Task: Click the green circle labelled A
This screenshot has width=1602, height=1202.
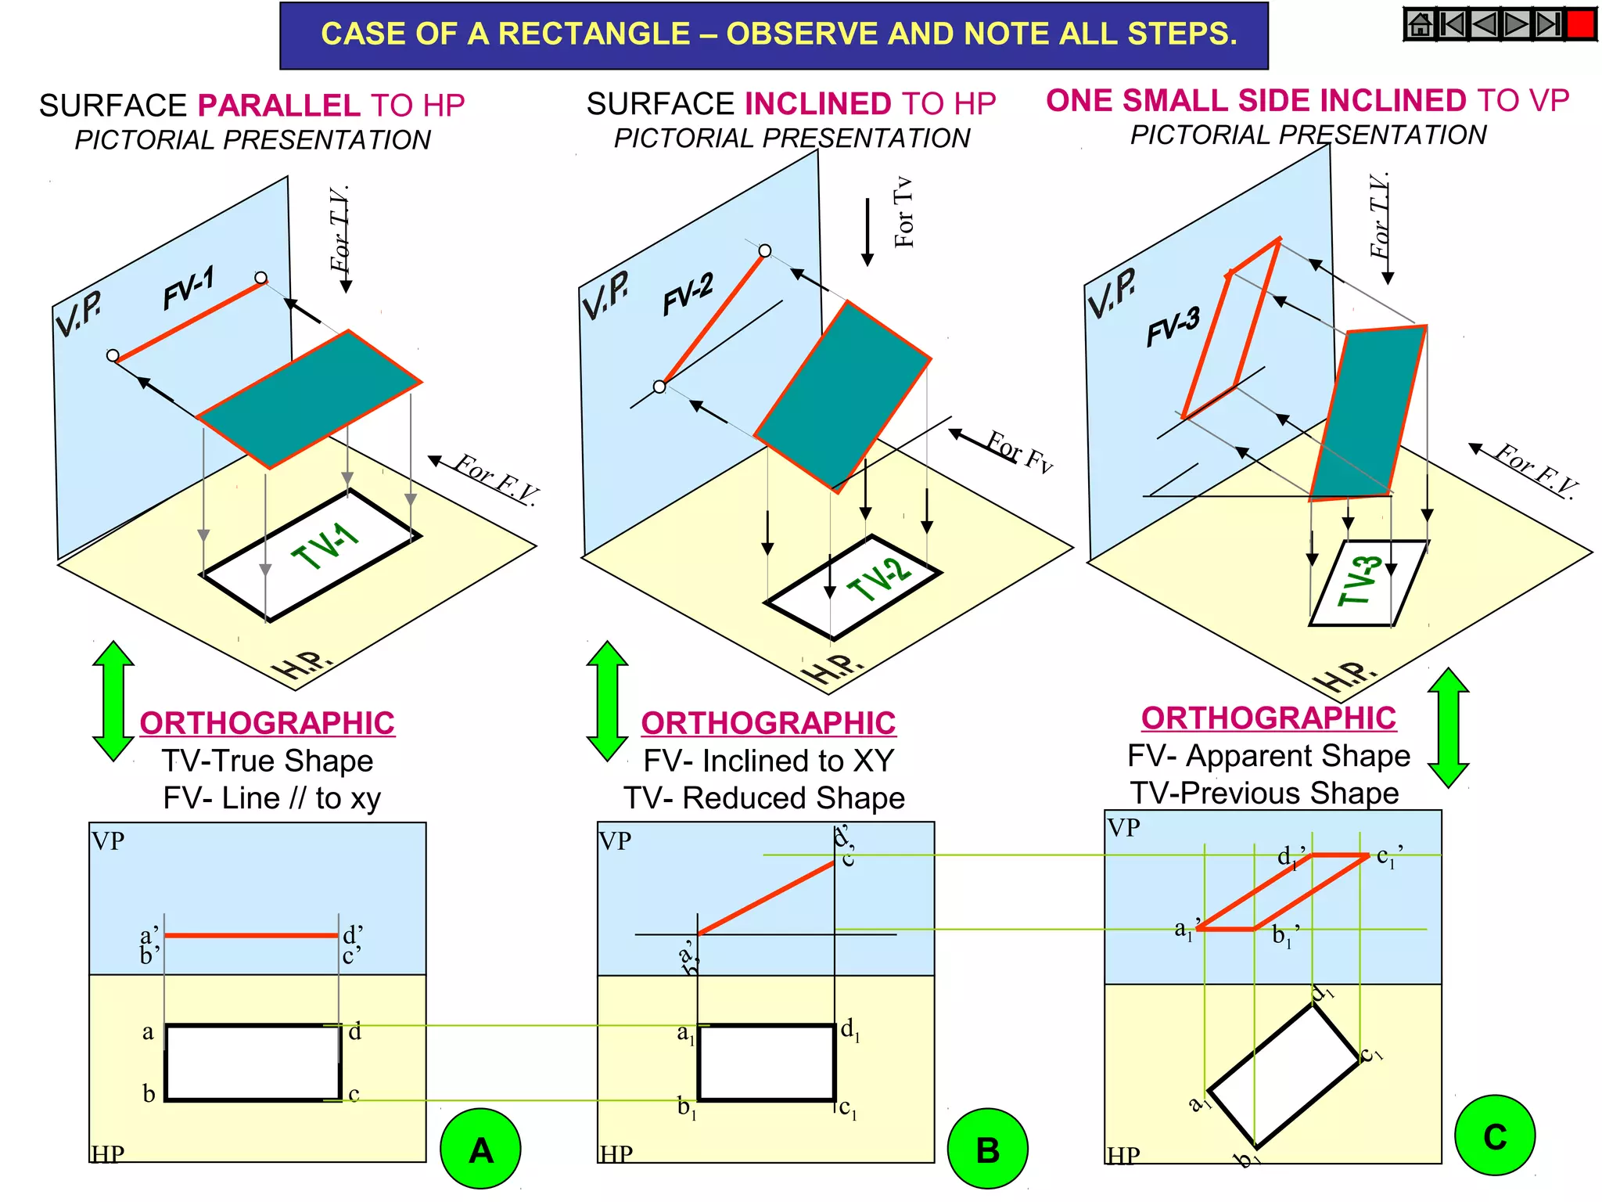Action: (480, 1149)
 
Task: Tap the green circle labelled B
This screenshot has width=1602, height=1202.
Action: (987, 1149)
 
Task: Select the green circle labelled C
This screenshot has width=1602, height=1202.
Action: (1494, 1135)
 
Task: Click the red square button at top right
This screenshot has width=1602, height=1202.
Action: (1580, 24)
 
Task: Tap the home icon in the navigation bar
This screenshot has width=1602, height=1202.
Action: (1420, 24)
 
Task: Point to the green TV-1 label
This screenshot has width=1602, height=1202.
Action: (325, 545)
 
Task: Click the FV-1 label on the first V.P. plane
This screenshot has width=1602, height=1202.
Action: (189, 288)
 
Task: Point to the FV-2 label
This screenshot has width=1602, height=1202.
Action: (688, 294)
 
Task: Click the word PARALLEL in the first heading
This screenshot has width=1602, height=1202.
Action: (278, 106)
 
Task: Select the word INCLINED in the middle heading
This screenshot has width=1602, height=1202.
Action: (817, 104)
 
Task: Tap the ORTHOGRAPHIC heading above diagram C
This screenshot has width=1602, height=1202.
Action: (1268, 718)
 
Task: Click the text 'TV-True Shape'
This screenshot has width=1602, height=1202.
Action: (268, 761)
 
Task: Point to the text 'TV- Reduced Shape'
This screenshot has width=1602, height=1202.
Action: (764, 797)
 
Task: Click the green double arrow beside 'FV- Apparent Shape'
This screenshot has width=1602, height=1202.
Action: (1448, 727)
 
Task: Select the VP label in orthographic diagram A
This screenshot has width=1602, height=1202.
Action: (108, 841)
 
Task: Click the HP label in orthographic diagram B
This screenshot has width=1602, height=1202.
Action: (616, 1153)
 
